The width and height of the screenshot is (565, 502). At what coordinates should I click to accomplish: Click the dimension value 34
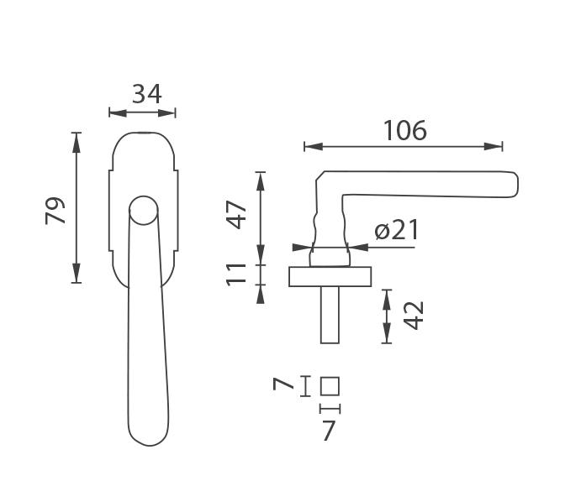pos(147,94)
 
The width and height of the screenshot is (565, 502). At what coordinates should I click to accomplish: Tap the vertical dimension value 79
pos(55,211)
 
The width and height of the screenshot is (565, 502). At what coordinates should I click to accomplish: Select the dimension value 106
pos(405,130)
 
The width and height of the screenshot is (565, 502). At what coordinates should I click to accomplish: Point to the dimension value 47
pos(236,215)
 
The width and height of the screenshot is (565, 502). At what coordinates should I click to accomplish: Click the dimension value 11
pos(236,275)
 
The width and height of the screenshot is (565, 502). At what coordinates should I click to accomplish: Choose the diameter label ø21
pos(397,229)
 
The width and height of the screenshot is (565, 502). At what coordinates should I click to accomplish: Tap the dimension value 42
pos(414,316)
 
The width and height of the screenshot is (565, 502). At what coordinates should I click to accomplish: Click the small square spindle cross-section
pos(330,386)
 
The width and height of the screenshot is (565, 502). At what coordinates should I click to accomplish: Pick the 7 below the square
pos(328,431)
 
